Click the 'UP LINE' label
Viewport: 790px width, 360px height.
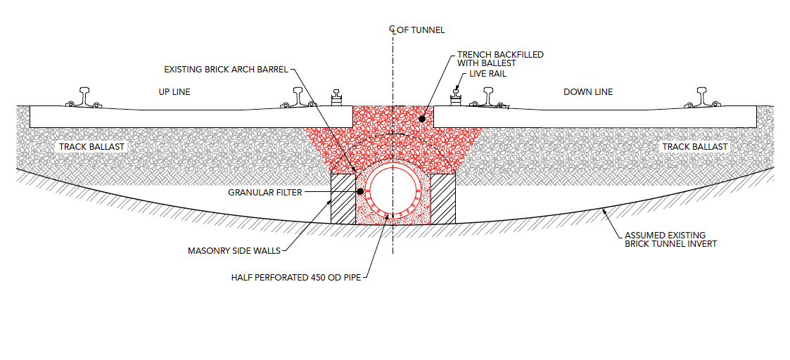click(174, 92)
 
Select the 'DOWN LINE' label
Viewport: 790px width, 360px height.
click(588, 92)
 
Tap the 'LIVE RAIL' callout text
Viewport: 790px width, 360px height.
click(487, 74)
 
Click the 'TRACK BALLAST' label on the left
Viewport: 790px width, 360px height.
click(91, 147)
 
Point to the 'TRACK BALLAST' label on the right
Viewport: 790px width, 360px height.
click(694, 147)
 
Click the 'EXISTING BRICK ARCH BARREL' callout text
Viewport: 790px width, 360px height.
click(226, 70)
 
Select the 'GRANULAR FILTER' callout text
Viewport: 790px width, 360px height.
click(265, 192)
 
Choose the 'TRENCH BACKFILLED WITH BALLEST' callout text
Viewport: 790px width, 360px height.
click(500, 59)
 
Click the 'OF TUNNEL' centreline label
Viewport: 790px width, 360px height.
click(421, 30)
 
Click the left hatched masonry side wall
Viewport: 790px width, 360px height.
click(343, 199)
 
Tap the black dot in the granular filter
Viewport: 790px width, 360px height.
click(359, 191)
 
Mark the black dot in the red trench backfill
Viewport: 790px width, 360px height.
click(421, 120)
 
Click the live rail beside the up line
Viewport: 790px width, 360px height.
click(337, 97)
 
